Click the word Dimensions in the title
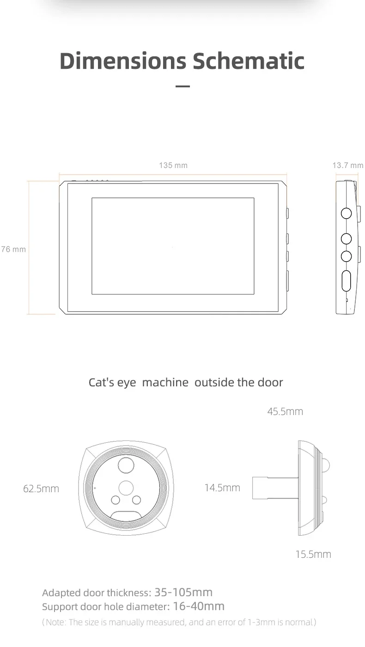pos(123,61)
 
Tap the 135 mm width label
pos(173,165)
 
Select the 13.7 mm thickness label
pos(347,165)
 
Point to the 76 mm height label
pos(13,249)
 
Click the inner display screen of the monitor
pos(173,246)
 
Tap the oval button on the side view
pos(346,281)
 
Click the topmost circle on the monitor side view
pos(346,213)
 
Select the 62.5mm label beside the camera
pos(41,488)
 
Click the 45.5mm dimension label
pos(285,411)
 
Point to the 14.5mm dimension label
pos(222,487)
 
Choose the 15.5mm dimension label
pos(313,554)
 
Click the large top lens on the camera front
pos(126,464)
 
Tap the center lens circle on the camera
pos(126,488)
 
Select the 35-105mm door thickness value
pos(183,592)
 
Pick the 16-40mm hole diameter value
pos(199,606)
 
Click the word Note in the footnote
pos(55,622)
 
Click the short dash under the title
pos(183,86)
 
